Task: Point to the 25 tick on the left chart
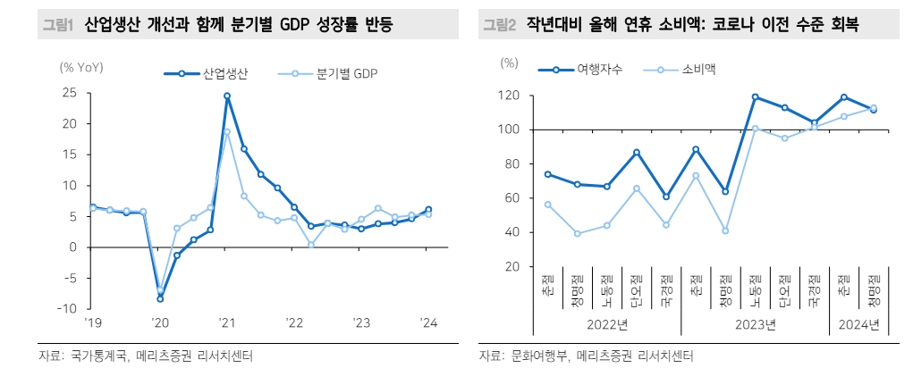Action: tap(68, 93)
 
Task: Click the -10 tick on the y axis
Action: tap(65, 309)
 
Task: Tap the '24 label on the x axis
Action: tap(427, 323)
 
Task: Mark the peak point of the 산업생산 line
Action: tap(227, 96)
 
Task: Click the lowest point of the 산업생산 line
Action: tap(160, 298)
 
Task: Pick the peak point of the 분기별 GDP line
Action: tap(227, 131)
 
